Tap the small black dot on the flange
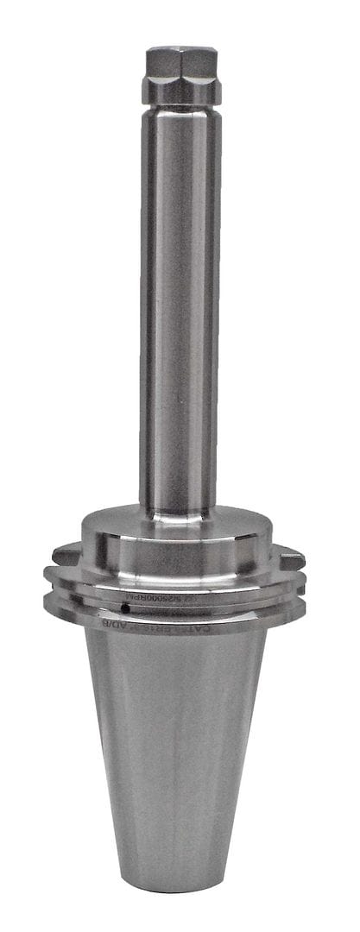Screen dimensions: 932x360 pyautogui.click(x=126, y=608)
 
